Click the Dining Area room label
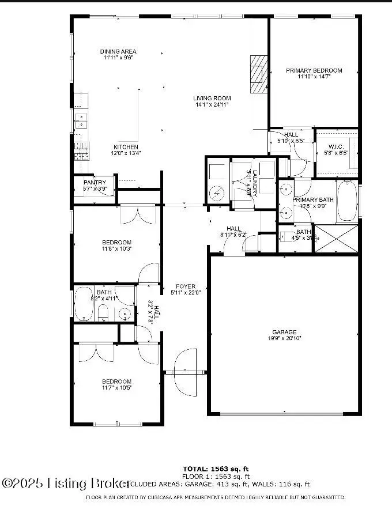118,52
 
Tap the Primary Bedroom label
314,70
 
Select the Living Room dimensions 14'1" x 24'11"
212,105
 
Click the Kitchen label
126,147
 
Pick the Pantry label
95,183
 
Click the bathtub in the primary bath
346,201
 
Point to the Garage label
285,332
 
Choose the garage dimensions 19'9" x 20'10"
285,339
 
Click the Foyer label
186,286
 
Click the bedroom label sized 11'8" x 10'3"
116,242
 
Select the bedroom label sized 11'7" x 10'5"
116,382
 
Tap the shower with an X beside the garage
335,239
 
